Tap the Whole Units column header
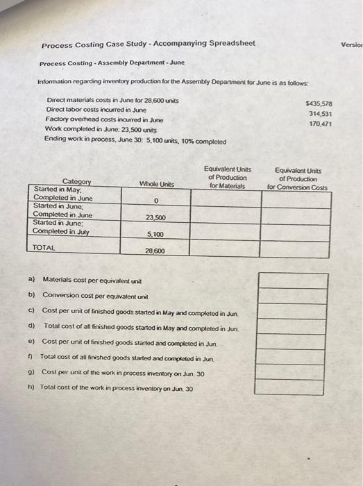click(157, 184)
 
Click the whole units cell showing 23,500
click(155, 218)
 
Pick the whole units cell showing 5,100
click(155, 235)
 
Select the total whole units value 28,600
click(155, 251)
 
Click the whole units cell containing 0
click(157, 201)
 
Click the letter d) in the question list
click(33, 326)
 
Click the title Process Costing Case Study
click(147, 44)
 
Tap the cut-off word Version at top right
click(352, 44)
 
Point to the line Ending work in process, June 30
click(135, 140)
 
